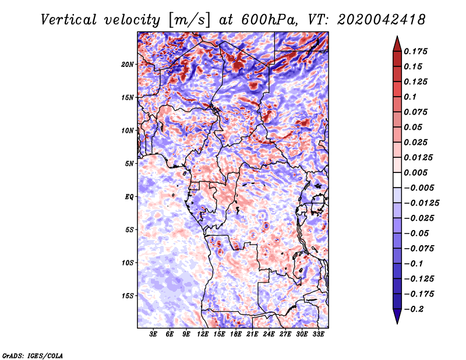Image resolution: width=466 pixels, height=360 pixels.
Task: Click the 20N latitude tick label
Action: [x=128, y=64]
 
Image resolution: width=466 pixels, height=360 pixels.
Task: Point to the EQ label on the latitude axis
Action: [x=129, y=196]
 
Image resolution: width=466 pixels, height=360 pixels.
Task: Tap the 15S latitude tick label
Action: [x=128, y=295]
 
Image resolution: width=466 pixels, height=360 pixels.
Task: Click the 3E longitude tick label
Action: [x=154, y=335]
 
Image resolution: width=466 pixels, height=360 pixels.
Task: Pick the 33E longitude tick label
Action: [x=318, y=335]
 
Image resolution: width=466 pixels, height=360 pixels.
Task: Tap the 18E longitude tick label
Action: [x=236, y=335]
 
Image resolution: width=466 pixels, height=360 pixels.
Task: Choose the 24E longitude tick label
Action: [x=269, y=335]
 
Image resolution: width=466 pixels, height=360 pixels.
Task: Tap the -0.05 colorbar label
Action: [x=418, y=233]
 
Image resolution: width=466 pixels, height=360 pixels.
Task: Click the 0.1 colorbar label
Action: [x=412, y=97]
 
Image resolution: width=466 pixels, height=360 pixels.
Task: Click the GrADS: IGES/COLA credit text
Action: [x=32, y=355]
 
